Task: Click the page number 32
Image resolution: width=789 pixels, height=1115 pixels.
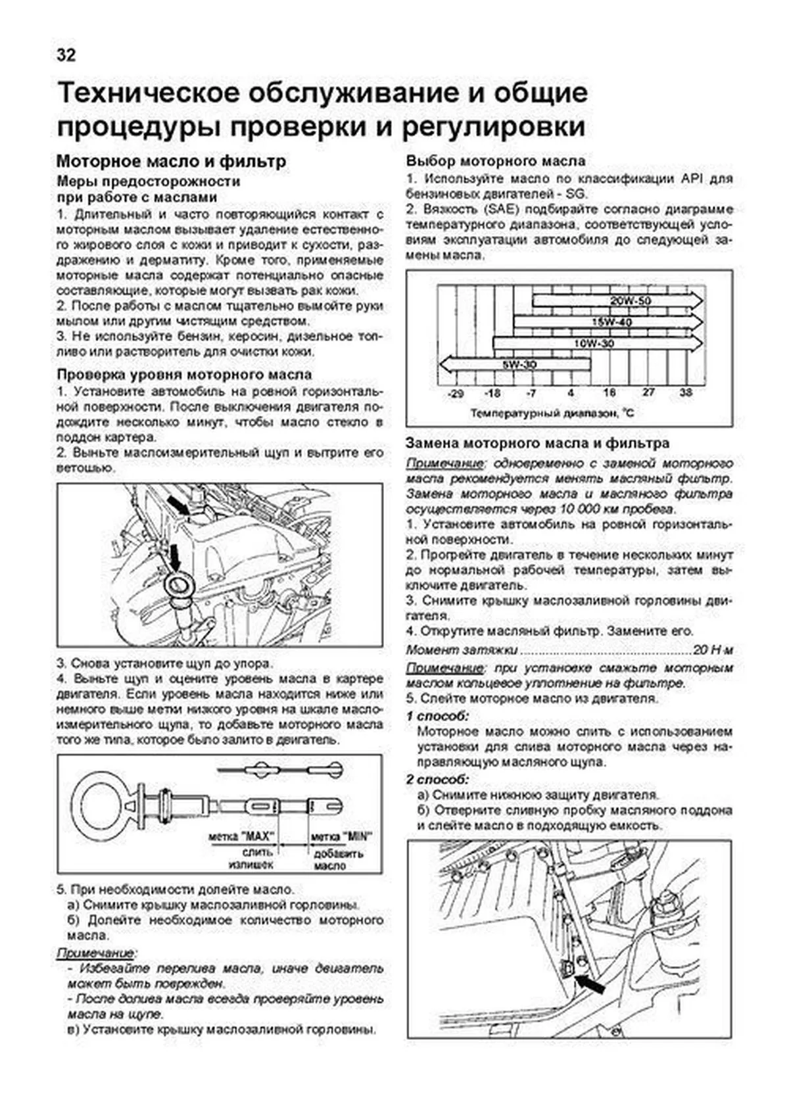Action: tap(66, 55)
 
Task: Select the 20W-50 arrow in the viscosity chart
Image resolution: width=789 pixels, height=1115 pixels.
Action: tap(618, 301)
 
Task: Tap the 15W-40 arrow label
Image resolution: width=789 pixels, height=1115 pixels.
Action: tap(611, 322)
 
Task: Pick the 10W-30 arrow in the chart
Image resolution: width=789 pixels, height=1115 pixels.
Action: tap(594, 343)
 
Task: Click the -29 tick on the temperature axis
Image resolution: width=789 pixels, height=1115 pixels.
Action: tap(454, 393)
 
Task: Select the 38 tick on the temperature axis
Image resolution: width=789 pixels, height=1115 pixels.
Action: tap(686, 392)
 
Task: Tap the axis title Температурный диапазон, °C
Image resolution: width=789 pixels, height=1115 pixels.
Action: tap(552, 414)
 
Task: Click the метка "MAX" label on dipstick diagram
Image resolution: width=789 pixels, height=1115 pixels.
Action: tap(241, 837)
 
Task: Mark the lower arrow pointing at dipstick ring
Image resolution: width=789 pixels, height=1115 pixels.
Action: tap(176, 557)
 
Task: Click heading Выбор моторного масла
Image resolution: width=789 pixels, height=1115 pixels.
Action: tap(495, 161)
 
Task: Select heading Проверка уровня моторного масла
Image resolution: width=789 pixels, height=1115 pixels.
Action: tap(184, 375)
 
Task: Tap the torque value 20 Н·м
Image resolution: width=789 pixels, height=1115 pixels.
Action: tap(713, 650)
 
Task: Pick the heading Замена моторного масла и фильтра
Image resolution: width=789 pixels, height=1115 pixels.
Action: tap(537, 444)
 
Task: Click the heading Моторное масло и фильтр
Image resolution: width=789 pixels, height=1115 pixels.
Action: tap(171, 161)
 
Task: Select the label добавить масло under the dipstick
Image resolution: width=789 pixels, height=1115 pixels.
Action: tap(339, 860)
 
